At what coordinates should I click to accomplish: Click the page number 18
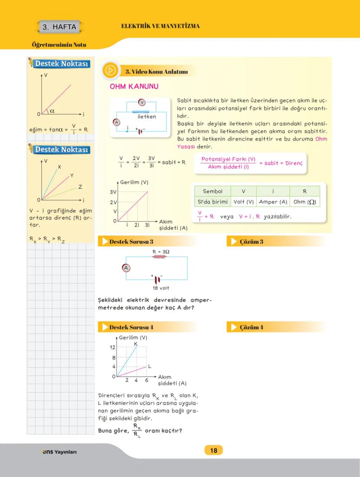[x=213, y=450]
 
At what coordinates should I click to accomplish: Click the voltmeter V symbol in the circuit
[x=141, y=103]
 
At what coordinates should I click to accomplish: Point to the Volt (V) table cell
[x=243, y=202]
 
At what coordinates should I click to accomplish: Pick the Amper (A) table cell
[x=273, y=202]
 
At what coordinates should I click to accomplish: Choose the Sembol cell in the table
[x=213, y=191]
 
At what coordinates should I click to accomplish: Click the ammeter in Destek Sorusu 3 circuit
[x=126, y=268]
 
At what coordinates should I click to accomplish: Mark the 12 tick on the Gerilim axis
[x=112, y=347]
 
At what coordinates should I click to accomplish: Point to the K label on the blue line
[x=136, y=344]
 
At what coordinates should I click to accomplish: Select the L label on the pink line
[x=150, y=366]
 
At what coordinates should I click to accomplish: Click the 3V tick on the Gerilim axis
[x=113, y=192]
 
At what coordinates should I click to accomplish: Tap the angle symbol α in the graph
[x=52, y=111]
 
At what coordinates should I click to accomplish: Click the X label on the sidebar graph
[x=59, y=167]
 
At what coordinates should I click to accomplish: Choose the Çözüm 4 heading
[x=251, y=327]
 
